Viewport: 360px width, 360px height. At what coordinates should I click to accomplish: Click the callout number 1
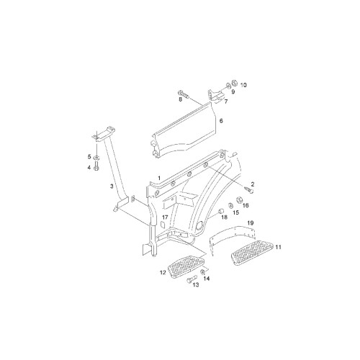point(159,178)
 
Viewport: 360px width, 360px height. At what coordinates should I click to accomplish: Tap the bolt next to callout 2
point(249,190)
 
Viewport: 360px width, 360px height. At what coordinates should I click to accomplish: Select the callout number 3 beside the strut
point(112,186)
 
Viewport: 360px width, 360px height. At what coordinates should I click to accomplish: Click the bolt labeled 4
point(96,166)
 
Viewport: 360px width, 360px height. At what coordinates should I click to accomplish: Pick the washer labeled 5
point(96,158)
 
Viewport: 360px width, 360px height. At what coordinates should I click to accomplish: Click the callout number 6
point(221,121)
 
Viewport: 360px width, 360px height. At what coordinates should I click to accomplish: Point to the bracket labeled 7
point(215,96)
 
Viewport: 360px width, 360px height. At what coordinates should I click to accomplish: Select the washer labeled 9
point(228,86)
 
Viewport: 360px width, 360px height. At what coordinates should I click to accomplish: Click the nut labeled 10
point(235,84)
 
